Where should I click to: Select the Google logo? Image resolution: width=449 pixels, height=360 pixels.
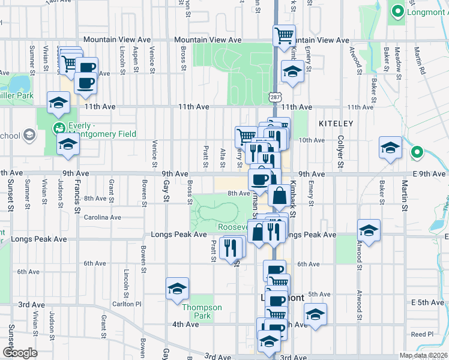pos(20,353)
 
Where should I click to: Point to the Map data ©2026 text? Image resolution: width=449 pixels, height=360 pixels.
pos(423,355)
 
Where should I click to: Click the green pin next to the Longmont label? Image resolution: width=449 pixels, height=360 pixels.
pos(397,11)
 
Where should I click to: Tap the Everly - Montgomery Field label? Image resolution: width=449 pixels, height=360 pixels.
pos(95,130)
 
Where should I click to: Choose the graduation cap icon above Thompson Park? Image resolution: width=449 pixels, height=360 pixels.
pos(178,289)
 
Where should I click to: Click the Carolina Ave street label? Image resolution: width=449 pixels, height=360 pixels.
pos(103,217)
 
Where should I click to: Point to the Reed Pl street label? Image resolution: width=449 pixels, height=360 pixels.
pos(422,334)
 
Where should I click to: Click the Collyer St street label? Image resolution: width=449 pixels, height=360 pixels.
pos(340,152)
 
